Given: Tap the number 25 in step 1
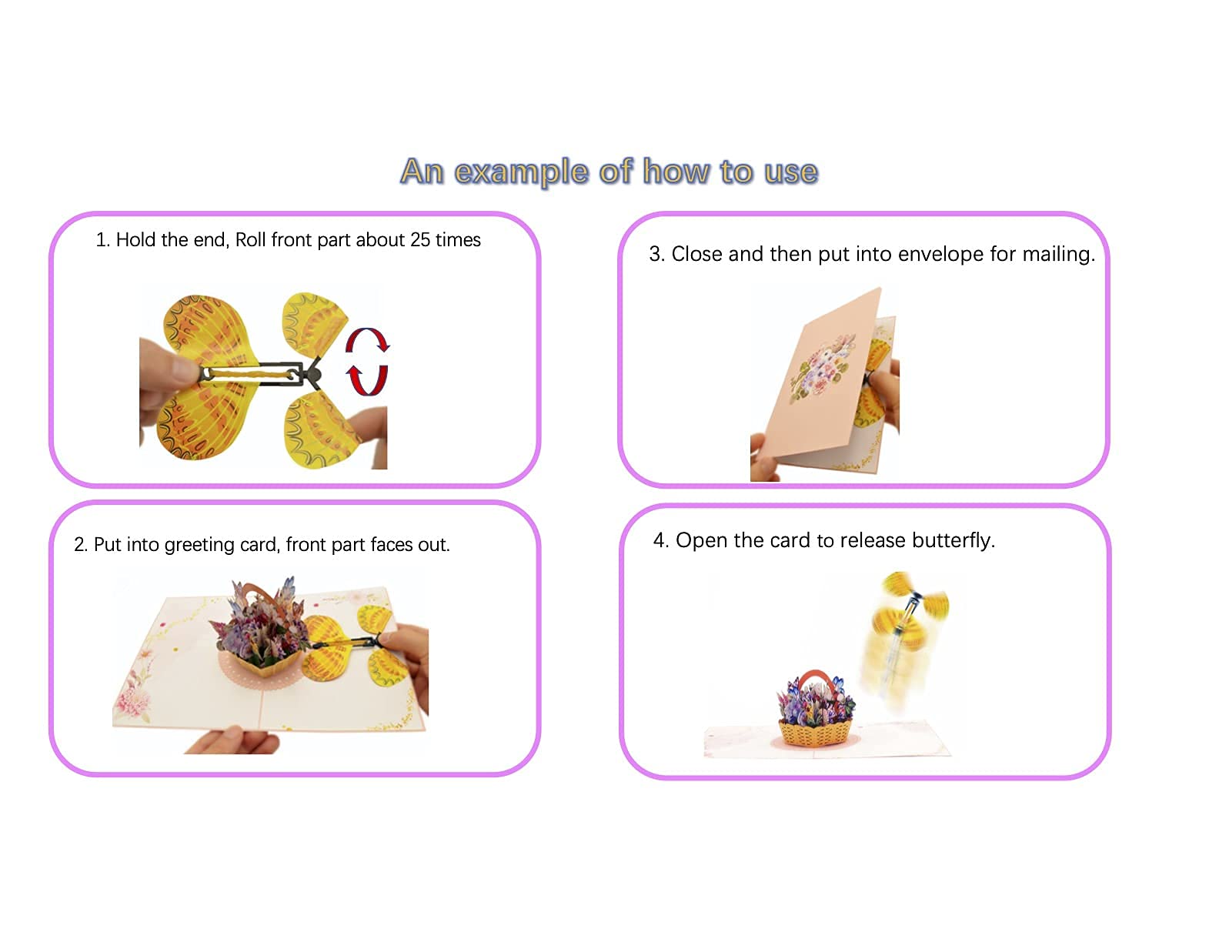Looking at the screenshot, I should click(420, 240).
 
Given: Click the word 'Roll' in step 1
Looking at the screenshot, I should click(250, 240).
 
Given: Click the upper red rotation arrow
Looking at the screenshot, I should click(367, 339).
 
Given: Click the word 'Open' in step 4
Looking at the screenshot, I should click(701, 540).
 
